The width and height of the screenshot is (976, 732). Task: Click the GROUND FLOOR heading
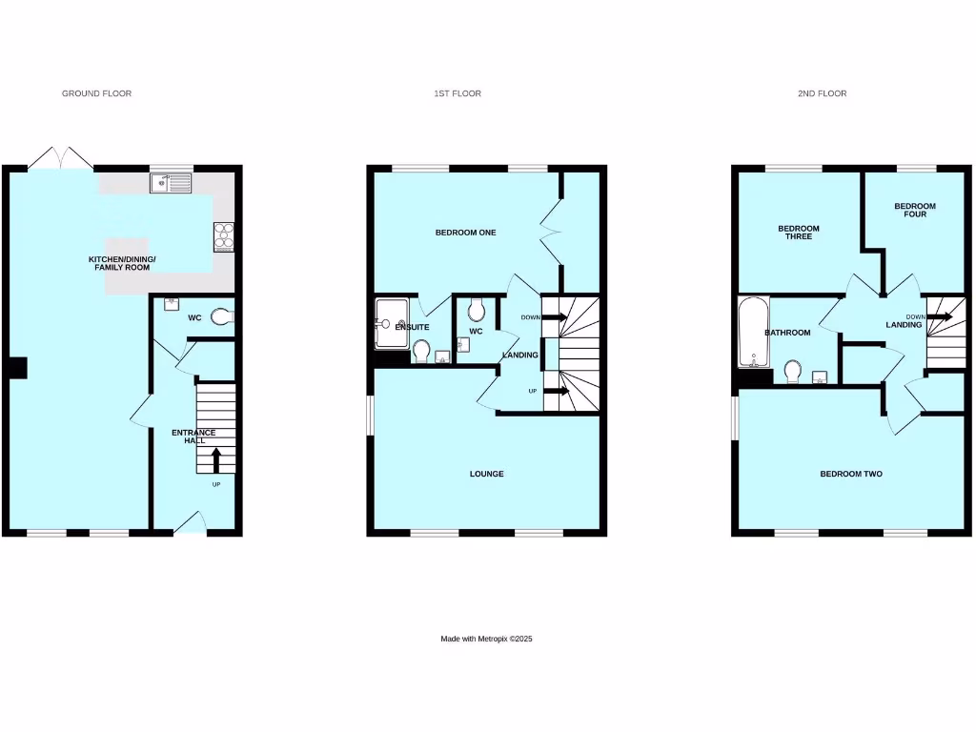pos(96,93)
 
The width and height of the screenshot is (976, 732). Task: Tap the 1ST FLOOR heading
pos(457,93)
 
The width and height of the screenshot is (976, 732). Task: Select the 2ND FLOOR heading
pos(822,93)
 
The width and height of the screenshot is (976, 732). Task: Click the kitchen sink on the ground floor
pos(171,181)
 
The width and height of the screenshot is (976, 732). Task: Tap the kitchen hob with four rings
pos(224,235)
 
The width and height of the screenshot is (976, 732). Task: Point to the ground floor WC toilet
pos(221,316)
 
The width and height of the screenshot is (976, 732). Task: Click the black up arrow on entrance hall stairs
pos(215,460)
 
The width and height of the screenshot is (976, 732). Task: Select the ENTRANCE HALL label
pos(193,437)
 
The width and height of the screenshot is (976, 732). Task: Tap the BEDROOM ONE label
pos(465,233)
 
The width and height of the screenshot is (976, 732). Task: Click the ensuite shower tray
pos(392,323)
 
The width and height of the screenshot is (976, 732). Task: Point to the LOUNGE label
pos(486,474)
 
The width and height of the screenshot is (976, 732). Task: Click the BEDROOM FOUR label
pos(914,211)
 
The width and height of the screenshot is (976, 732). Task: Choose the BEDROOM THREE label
pos(798,233)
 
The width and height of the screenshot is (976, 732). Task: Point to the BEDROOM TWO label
pos(850,474)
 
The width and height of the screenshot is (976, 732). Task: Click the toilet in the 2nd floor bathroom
pos(791,370)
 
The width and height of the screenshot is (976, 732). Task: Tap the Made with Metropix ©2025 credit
pos(486,639)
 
